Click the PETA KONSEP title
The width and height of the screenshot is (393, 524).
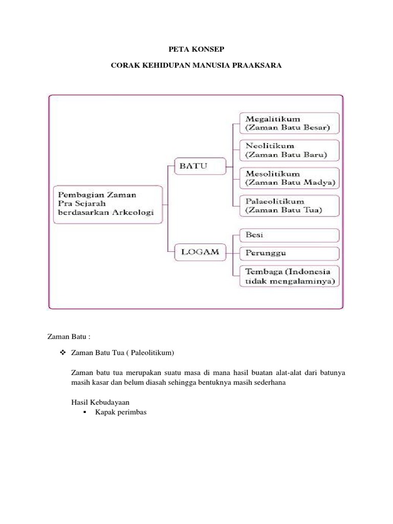(196, 49)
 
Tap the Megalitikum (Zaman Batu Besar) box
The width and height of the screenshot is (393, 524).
(289, 123)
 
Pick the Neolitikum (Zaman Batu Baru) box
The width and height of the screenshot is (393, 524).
(289, 150)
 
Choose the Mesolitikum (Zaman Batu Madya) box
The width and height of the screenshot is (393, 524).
(289, 178)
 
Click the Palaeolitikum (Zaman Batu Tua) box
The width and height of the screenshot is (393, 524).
(289, 205)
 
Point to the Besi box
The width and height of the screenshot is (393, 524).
(289, 235)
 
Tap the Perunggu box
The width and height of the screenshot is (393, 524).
(289, 253)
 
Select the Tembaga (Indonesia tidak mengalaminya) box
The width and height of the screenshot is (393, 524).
(289, 276)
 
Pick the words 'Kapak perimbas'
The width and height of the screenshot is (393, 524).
(121, 412)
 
